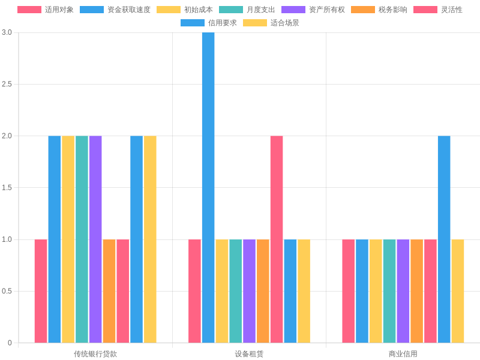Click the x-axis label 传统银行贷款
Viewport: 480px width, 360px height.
pyautogui.click(x=95, y=354)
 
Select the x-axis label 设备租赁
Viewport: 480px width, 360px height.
pyautogui.click(x=249, y=354)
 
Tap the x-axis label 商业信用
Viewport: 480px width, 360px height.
pyautogui.click(x=403, y=354)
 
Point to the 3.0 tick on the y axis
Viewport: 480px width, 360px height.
pyautogui.click(x=7, y=32)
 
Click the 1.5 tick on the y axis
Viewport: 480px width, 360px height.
pyautogui.click(x=7, y=188)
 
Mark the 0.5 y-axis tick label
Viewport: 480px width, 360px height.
pyautogui.click(x=7, y=292)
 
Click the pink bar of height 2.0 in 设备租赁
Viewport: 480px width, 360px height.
pyautogui.click(x=277, y=239)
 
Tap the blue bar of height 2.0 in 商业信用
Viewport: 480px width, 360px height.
pyautogui.click(x=444, y=239)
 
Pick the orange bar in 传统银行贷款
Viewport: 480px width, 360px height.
pyautogui.click(x=109, y=291)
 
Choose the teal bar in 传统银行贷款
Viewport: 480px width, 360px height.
pyautogui.click(x=82, y=239)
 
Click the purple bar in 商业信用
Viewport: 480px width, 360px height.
pyautogui.click(x=403, y=291)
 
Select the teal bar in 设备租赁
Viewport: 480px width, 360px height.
pyautogui.click(x=236, y=291)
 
